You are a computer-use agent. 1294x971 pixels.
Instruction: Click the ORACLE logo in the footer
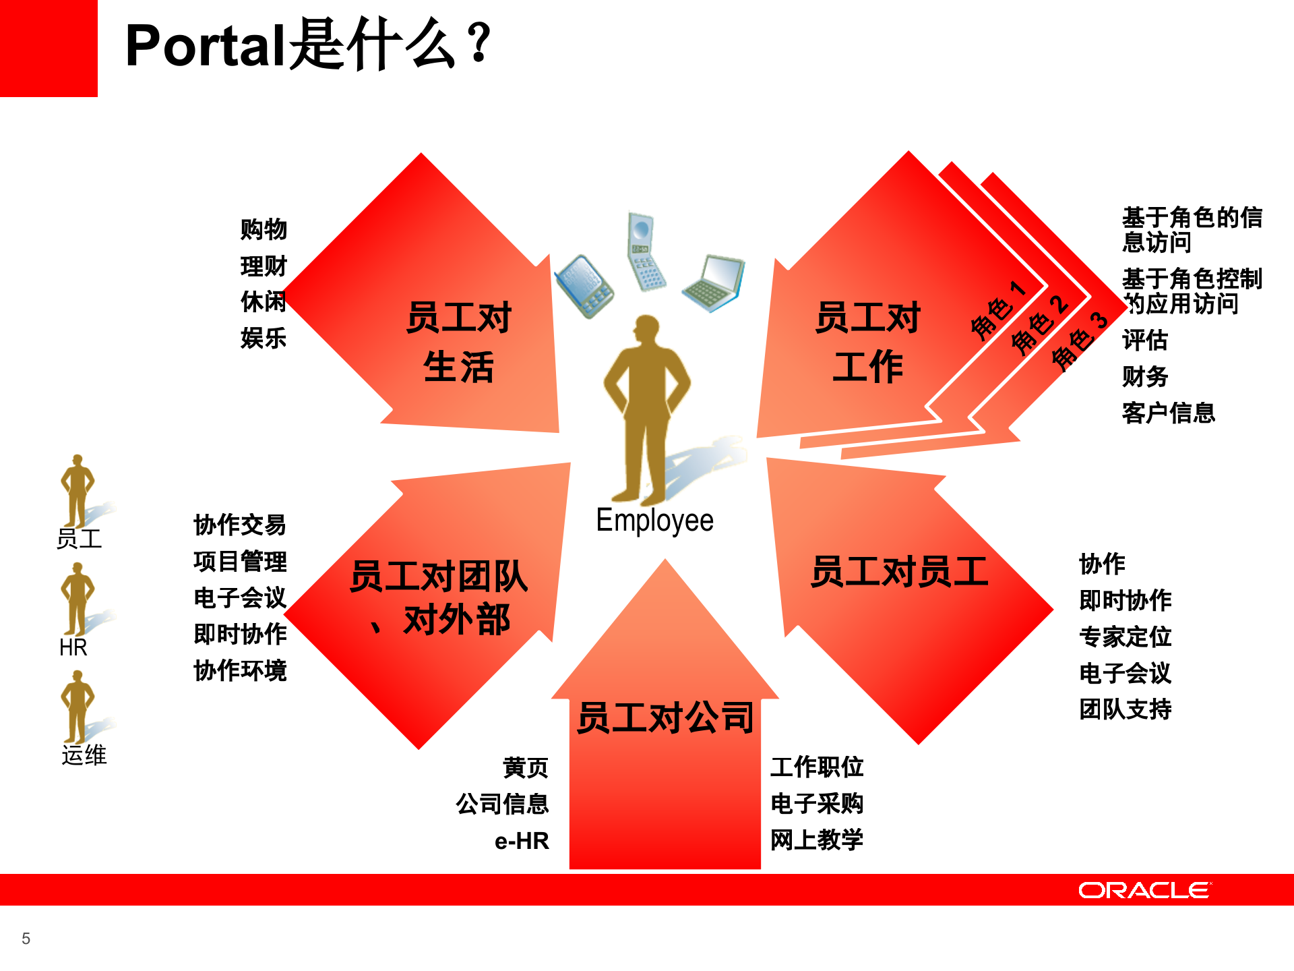click(1144, 890)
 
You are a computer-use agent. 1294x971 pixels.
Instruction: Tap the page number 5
click(26, 939)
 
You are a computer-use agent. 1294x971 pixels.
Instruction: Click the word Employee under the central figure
click(654, 521)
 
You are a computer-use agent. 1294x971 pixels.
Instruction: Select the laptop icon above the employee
click(714, 283)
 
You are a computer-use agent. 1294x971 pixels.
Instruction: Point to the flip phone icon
click(645, 250)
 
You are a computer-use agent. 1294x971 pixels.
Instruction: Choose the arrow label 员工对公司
click(665, 717)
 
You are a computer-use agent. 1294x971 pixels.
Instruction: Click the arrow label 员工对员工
click(899, 572)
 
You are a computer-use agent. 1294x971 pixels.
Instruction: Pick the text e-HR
click(522, 841)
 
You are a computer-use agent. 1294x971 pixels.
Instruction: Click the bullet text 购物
click(264, 229)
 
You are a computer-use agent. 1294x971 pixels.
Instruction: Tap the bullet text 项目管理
click(240, 561)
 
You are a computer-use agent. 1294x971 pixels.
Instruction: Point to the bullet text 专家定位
click(1125, 637)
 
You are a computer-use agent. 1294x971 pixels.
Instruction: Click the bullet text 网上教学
click(816, 840)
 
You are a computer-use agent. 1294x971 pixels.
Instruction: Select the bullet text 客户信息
click(1168, 413)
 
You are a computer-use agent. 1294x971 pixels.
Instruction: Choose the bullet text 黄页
click(526, 767)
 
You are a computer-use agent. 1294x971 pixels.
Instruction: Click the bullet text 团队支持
click(1125, 709)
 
